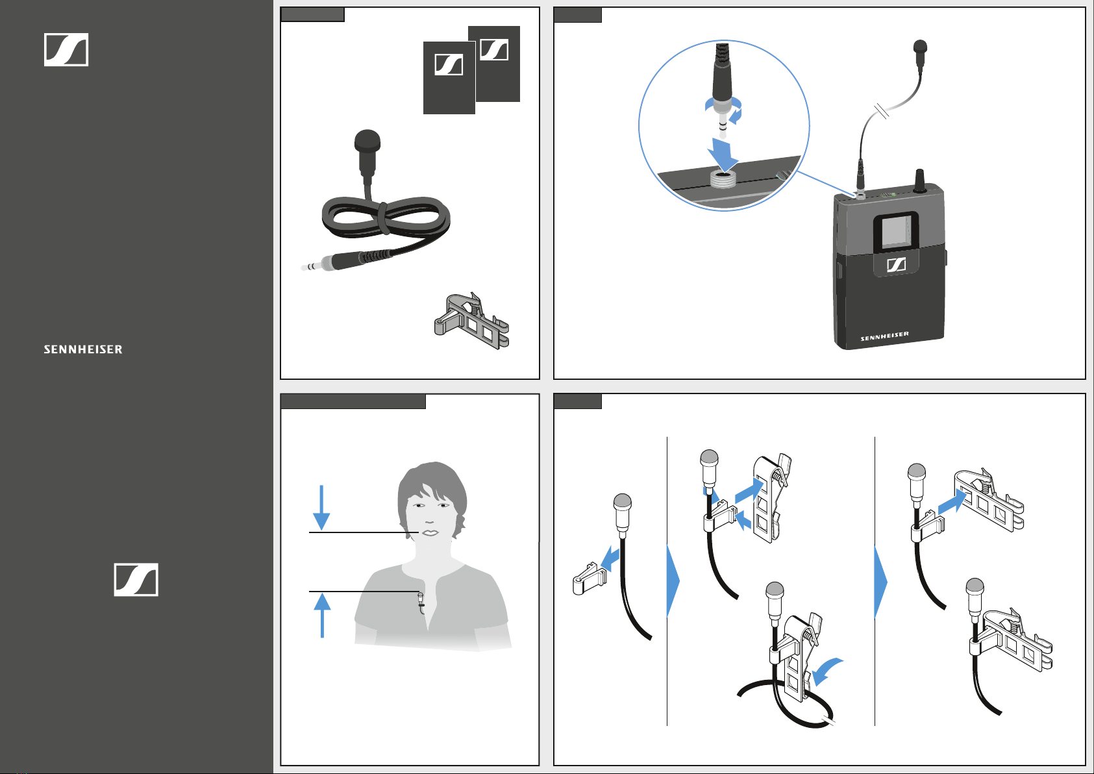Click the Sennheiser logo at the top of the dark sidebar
pos(66,49)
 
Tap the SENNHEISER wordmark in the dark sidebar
pos(83,349)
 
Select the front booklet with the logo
pos(449,78)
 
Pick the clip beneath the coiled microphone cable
pos(472,321)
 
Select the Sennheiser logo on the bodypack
pos(896,264)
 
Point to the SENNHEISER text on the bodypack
pos(884,336)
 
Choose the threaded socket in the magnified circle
pos(723,179)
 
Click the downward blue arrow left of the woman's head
pos(321,507)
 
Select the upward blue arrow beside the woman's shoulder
pos(322,616)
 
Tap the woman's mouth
pos(429,532)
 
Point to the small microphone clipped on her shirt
pos(421,602)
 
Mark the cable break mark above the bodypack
pos(882,111)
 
